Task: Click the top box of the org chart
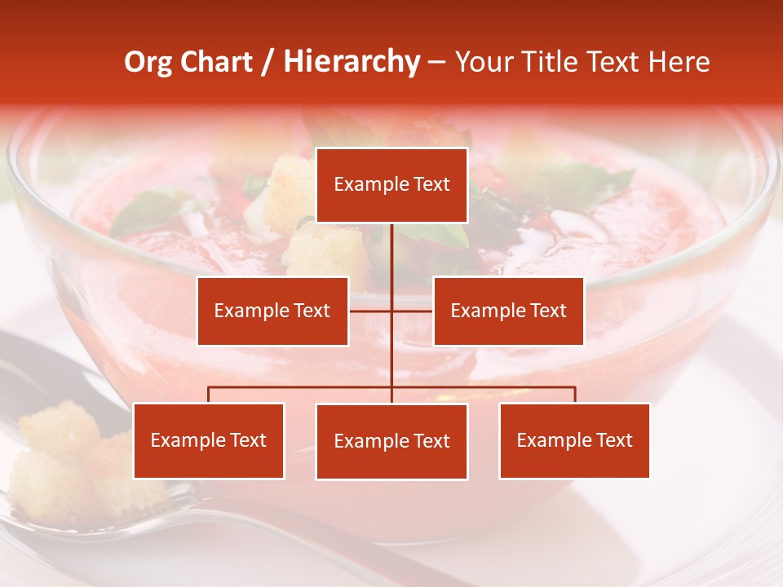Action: [391, 185]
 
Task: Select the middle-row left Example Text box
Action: [272, 311]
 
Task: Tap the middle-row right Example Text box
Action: [508, 311]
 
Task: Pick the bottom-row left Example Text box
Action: [209, 440]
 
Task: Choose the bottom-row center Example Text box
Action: [391, 441]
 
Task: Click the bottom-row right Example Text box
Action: [574, 440]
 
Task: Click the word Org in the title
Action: [148, 62]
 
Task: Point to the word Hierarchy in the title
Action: [352, 62]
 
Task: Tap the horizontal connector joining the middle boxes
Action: [391, 311]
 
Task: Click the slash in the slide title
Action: [268, 62]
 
